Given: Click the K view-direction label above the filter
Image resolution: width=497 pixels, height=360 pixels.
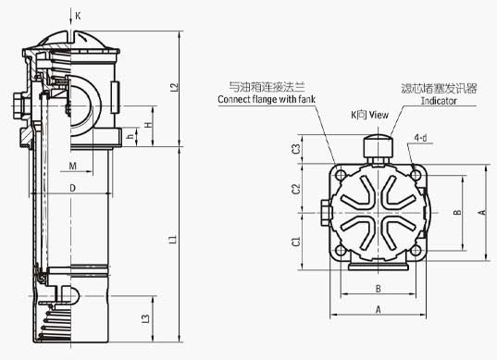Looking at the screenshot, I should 79,16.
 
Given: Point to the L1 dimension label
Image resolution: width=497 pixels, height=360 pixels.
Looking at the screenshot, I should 174,241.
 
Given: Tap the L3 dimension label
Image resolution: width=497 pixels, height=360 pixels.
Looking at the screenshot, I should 146,319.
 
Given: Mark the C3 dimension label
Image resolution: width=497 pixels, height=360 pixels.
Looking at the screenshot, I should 295,149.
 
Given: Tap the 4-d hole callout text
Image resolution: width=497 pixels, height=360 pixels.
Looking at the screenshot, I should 420,139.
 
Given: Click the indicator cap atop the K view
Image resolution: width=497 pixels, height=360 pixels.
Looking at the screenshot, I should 376,145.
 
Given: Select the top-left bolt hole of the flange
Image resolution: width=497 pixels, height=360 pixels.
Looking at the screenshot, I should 342,174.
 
